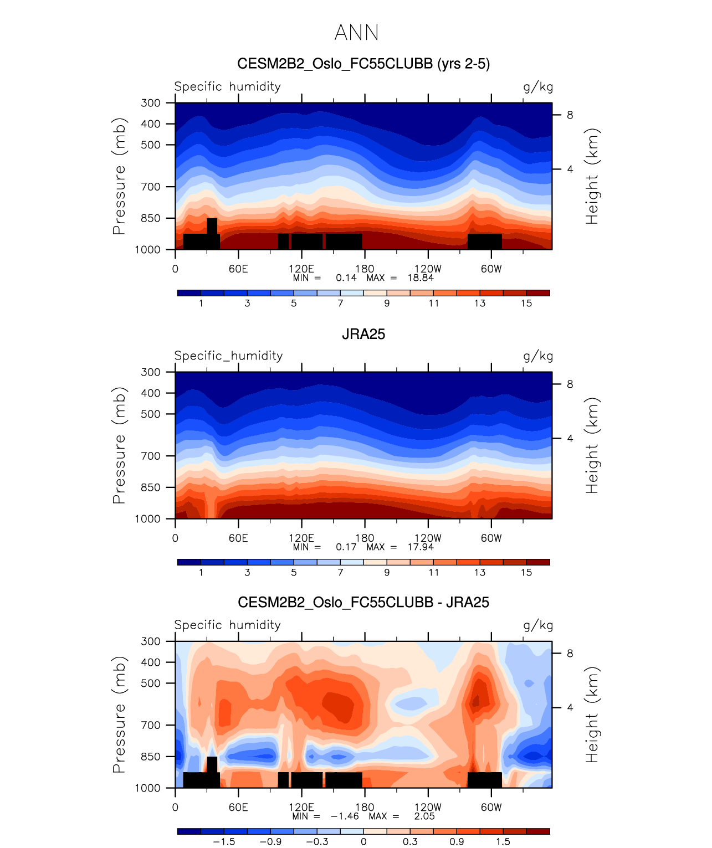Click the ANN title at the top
[356, 33]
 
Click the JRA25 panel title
[363, 334]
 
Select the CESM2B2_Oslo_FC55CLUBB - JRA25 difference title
[363, 603]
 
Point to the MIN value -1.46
[345, 816]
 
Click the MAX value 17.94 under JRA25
[420, 547]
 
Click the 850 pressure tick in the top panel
[150, 218]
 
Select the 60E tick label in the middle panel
[238, 538]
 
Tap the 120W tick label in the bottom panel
[428, 807]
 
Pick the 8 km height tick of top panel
[570, 115]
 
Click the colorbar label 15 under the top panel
[526, 304]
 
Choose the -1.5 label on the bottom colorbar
[224, 842]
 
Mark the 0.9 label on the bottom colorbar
[457, 842]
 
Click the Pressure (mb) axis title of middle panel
[119, 445]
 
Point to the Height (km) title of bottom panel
[592, 715]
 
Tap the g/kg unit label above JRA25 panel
[538, 356]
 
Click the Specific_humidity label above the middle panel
[228, 356]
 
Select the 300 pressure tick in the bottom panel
[150, 641]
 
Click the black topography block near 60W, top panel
[484, 241]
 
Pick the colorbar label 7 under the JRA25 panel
[340, 573]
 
